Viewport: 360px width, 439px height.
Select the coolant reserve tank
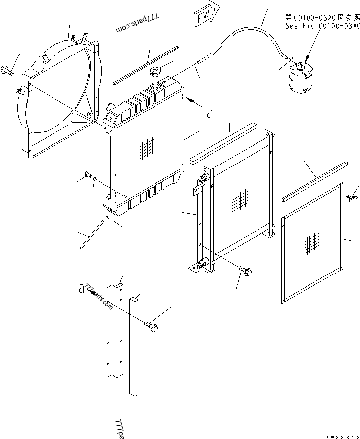point(299,76)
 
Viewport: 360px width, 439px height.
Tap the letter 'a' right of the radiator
point(210,113)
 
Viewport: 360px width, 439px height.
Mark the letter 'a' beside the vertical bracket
point(81,289)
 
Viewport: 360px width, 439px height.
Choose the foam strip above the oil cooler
point(223,144)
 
